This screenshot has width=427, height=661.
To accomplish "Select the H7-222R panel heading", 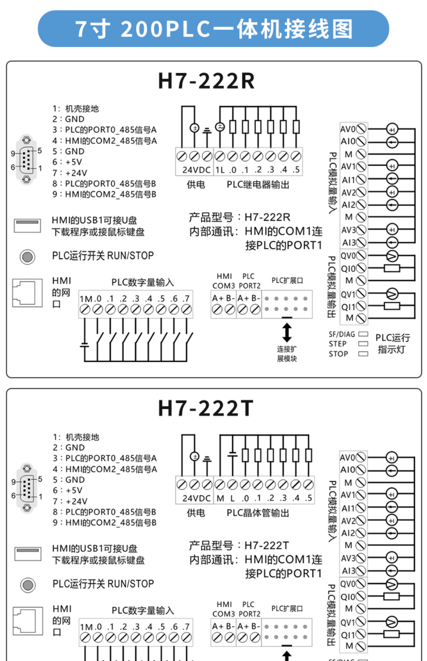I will click(x=206, y=81).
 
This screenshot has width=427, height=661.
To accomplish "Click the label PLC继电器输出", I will click(x=258, y=185).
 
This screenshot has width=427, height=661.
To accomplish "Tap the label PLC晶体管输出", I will click(x=258, y=513).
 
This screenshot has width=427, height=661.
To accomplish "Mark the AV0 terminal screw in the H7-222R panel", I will click(x=361, y=129).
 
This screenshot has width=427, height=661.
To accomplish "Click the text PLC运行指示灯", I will click(x=392, y=344).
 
